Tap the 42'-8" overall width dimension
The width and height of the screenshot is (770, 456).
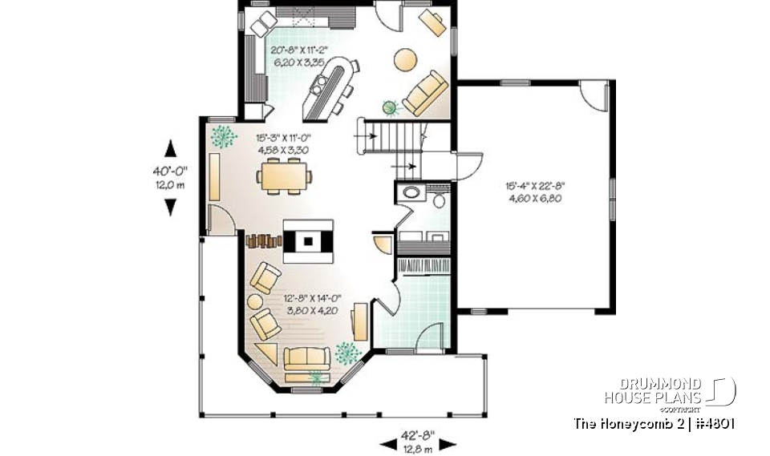click(x=417, y=436)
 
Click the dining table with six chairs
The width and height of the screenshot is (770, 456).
click(x=285, y=176)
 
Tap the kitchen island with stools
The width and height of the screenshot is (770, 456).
click(x=329, y=85)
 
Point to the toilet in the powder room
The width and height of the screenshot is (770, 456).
click(x=440, y=200)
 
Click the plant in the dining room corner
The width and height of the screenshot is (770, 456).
click(x=223, y=137)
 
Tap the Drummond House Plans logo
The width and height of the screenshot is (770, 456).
click(x=669, y=392)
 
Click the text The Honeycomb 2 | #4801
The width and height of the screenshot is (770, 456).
click(x=655, y=423)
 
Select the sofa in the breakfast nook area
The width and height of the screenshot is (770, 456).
click(x=426, y=93)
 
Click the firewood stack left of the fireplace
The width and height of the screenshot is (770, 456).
click(x=262, y=240)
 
